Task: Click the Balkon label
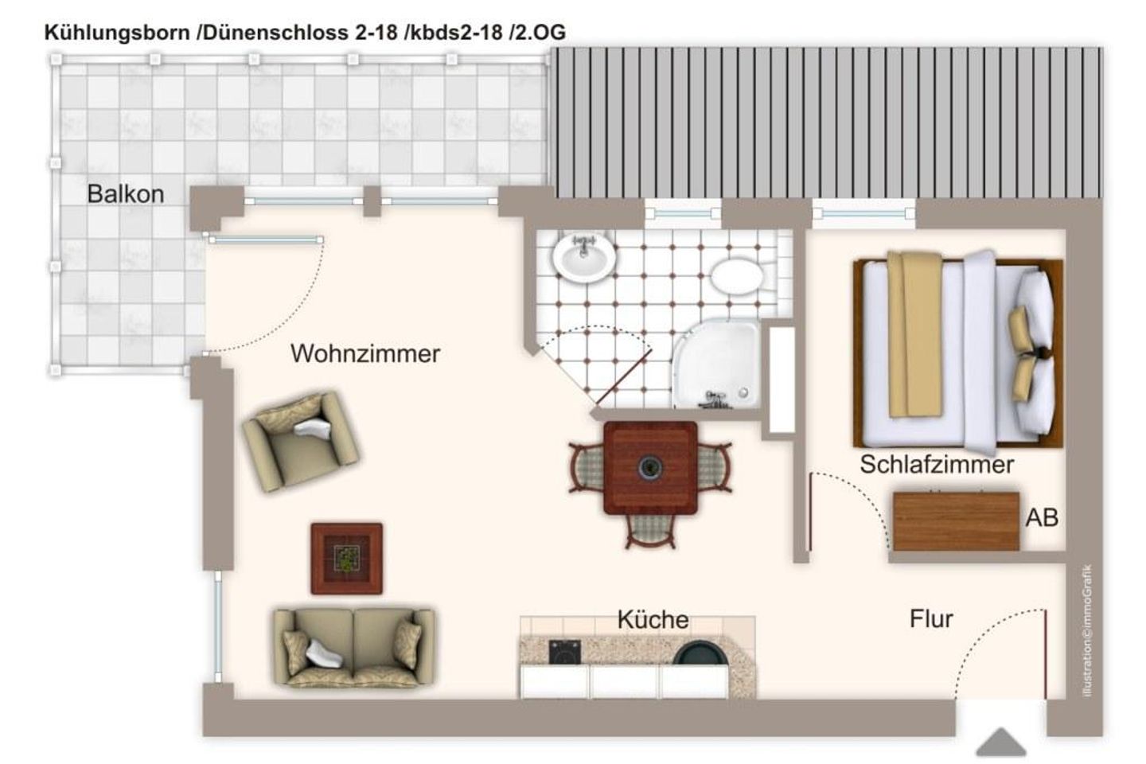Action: [x=125, y=193]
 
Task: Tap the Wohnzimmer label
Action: [x=364, y=353]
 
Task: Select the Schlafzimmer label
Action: [x=936, y=464]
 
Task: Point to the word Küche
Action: [x=653, y=619]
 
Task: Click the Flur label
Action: [x=930, y=618]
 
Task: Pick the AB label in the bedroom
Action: [x=1041, y=518]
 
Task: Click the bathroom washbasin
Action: [x=583, y=256]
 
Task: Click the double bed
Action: [x=958, y=351]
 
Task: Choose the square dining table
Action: [x=650, y=467]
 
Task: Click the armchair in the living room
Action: [x=300, y=440]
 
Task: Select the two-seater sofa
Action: [x=353, y=647]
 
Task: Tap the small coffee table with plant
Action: [x=346, y=558]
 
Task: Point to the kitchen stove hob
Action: [x=565, y=652]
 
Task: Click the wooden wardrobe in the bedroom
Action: [x=955, y=521]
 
